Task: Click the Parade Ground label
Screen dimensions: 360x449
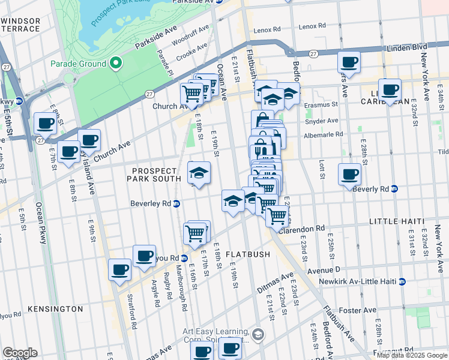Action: click(x=79, y=64)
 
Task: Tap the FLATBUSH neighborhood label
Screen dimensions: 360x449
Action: click(x=249, y=254)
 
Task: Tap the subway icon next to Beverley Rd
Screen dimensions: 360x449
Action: click(x=176, y=204)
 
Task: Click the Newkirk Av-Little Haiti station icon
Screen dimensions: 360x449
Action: click(x=402, y=281)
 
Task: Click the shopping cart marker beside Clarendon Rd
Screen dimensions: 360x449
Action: click(x=277, y=215)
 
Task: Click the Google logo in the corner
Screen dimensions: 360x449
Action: click(x=20, y=353)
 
